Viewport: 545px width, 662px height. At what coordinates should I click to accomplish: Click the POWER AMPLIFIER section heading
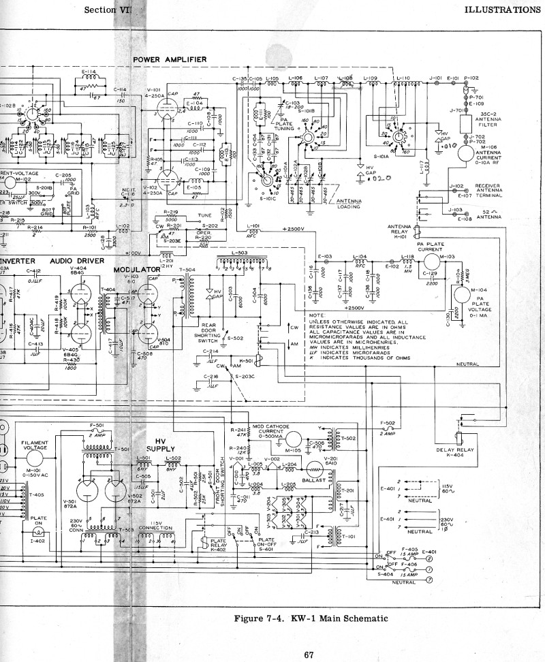[170, 60]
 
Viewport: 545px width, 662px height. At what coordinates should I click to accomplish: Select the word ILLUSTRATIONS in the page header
[502, 10]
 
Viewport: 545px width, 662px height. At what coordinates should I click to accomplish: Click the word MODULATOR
[136, 270]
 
